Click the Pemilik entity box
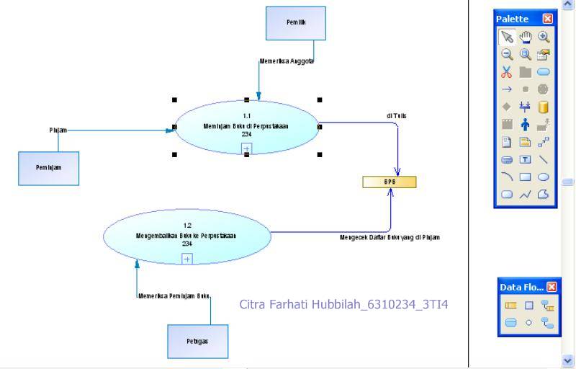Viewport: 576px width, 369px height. pos(295,23)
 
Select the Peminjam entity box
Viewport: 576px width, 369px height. pos(48,167)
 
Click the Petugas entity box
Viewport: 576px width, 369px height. pos(198,342)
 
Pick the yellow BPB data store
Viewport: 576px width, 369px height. pos(389,182)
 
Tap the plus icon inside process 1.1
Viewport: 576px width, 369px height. pos(246,148)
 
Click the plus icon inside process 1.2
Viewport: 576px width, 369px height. pos(187,259)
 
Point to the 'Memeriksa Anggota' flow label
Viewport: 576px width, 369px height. pos(287,62)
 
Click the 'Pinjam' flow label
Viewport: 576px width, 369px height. pos(58,130)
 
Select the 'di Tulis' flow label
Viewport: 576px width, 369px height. pos(397,115)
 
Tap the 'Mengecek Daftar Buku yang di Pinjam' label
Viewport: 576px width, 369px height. pos(390,237)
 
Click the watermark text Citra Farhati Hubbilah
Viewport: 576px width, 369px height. pos(343,304)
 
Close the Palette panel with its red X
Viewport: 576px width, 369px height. pos(548,19)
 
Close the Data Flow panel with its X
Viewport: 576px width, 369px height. pos(552,287)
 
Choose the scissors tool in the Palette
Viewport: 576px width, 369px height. pos(507,71)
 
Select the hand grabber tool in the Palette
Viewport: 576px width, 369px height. pos(526,37)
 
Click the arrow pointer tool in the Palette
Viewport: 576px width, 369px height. pos(507,37)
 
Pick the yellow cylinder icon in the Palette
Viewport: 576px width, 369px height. pos(544,107)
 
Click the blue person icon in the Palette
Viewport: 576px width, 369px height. pos(526,125)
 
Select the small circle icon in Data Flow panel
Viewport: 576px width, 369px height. pos(529,323)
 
